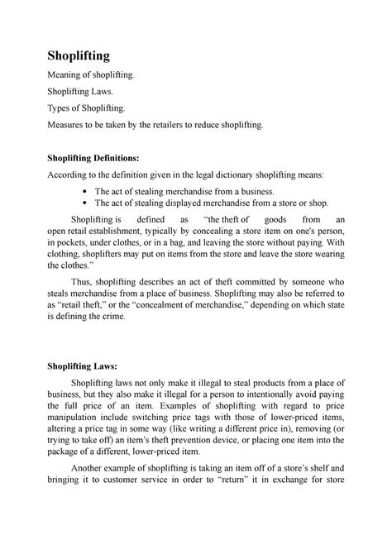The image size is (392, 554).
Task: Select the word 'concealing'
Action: (x=224, y=234)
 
